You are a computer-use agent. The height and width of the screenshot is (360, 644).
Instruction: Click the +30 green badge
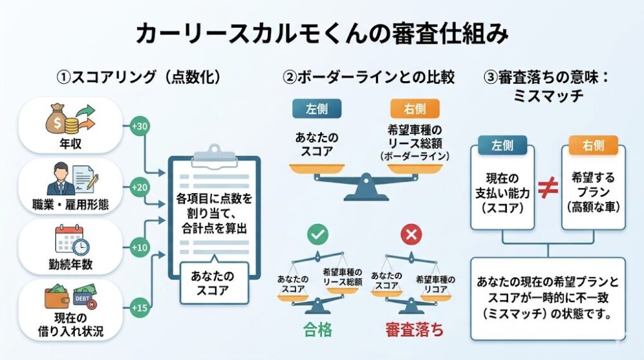[x=140, y=127]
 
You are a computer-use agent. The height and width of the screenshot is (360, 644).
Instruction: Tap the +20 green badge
[x=140, y=187]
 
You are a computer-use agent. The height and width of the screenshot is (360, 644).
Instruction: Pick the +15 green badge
[x=140, y=308]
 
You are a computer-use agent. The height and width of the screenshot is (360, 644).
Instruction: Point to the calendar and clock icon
[x=71, y=241]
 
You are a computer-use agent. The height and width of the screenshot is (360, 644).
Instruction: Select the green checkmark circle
[x=317, y=236]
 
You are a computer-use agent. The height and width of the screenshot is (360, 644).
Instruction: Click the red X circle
[x=410, y=236]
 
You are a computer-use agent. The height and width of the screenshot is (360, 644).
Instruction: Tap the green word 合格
[x=317, y=331]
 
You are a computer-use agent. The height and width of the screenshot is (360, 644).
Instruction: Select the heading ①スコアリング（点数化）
[x=139, y=77]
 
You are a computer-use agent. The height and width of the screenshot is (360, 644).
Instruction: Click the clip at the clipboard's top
[x=214, y=154]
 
